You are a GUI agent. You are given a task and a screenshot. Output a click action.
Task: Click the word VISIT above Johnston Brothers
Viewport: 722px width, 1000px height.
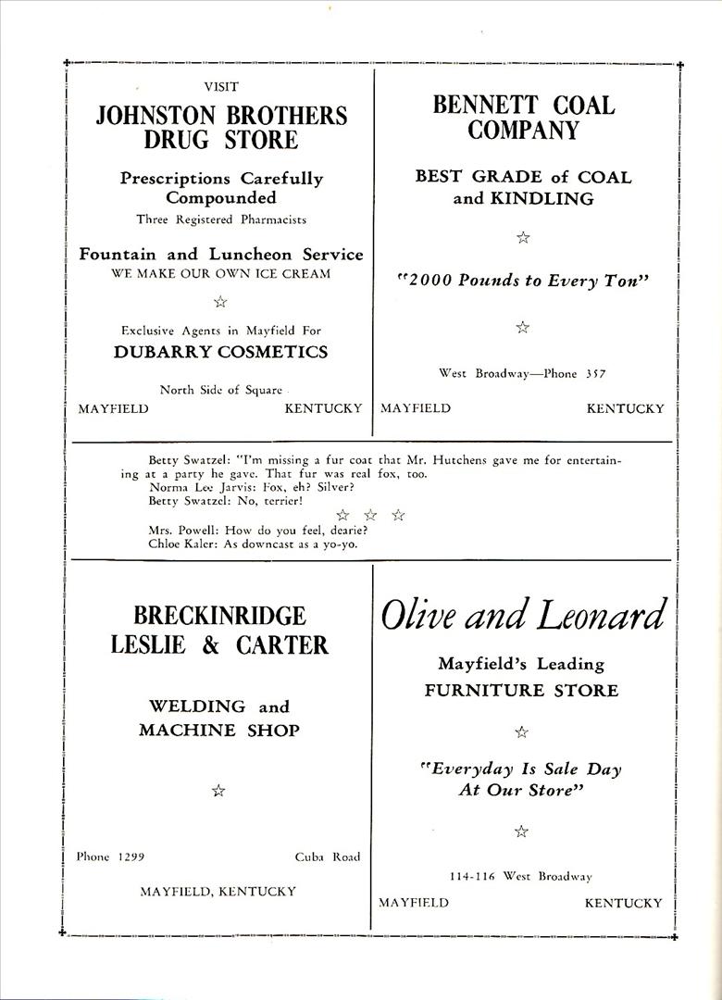point(221,87)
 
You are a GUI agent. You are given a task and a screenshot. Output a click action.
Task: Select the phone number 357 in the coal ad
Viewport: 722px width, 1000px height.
point(595,374)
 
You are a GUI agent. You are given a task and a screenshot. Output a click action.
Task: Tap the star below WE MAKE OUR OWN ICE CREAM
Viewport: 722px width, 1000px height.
point(220,301)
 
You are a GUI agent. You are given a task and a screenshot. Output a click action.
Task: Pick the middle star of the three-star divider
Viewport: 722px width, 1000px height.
point(370,515)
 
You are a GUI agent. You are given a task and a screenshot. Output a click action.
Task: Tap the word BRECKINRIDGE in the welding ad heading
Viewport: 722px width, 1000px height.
point(219,616)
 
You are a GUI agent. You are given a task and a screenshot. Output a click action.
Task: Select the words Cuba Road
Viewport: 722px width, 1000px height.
point(328,856)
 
